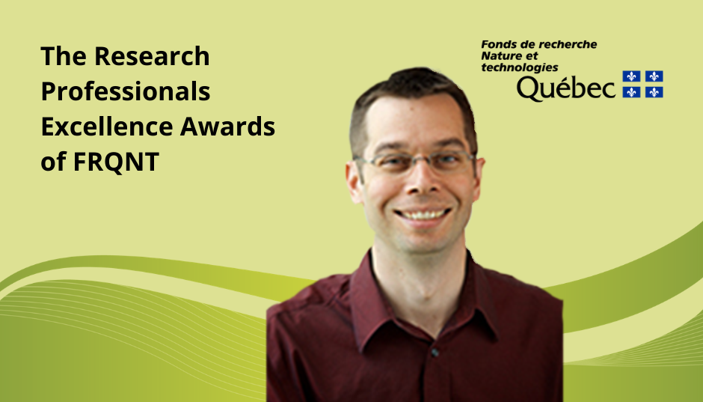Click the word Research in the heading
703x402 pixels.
[152, 56]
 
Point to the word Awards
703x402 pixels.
[228, 126]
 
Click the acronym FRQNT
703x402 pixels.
[116, 162]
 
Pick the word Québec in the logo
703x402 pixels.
[566, 88]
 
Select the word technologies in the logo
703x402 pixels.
[520, 67]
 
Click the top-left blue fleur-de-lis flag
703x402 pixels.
[631, 76]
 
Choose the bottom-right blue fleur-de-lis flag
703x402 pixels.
[654, 92]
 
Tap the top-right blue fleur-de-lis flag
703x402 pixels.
[654, 76]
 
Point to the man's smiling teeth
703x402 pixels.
[423, 214]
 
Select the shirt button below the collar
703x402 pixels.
[435, 353]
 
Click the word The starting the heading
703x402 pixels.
[64, 56]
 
